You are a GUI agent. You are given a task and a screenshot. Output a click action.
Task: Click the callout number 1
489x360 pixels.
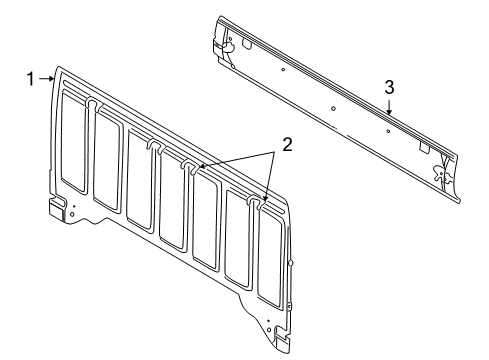pyautogui.click(x=30, y=77)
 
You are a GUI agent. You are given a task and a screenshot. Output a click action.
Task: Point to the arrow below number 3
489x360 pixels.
pyautogui.click(x=390, y=107)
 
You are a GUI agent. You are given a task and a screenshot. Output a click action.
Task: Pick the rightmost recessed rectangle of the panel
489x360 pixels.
pyautogui.click(x=272, y=259)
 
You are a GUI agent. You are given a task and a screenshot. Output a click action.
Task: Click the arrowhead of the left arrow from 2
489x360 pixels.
pyautogui.click(x=200, y=166)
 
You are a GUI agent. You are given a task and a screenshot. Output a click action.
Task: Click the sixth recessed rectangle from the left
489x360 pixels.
pyautogui.click(x=240, y=240)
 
